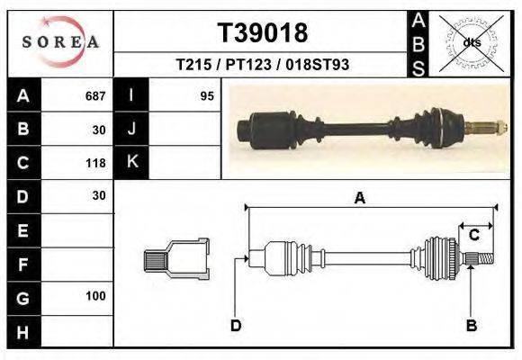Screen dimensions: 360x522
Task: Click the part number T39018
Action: pyautogui.click(x=263, y=33)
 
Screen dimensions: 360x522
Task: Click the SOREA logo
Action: pyautogui.click(x=59, y=41)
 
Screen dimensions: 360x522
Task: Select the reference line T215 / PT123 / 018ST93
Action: pyautogui.click(x=263, y=65)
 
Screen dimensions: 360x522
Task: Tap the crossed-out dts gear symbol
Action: pyautogui.click(x=471, y=41)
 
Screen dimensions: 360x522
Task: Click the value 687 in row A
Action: pyautogui.click(x=95, y=96)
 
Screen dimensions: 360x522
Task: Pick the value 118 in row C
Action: pyautogui.click(x=95, y=163)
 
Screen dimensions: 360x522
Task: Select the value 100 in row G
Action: pyautogui.click(x=95, y=296)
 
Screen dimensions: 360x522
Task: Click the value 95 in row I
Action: pyautogui.click(x=206, y=96)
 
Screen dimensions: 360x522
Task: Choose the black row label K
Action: pyautogui.click(x=131, y=163)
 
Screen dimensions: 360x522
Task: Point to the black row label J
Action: pyautogui.click(x=131, y=130)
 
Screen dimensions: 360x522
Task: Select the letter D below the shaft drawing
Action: pyautogui.click(x=235, y=325)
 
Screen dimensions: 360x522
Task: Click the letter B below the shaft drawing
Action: pyautogui.click(x=471, y=325)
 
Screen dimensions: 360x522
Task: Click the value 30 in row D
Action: pyautogui.click(x=98, y=196)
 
